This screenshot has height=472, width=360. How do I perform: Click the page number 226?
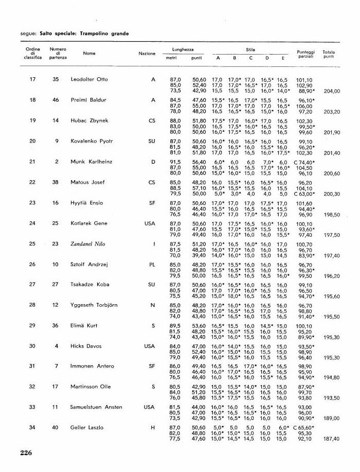[x=26, y=453]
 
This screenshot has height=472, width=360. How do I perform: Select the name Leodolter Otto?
[x=89, y=79]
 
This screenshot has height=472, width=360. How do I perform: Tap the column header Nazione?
[x=147, y=54]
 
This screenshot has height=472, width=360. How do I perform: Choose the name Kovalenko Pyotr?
[x=92, y=141]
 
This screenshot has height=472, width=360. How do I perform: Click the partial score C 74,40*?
[x=304, y=162]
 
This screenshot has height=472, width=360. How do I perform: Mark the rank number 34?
[x=32, y=427]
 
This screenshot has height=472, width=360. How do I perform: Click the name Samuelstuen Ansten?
[x=96, y=407]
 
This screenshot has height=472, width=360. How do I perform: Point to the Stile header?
[x=250, y=49]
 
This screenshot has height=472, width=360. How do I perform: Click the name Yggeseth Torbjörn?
[x=94, y=305]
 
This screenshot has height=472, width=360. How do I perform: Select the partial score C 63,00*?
[x=304, y=194]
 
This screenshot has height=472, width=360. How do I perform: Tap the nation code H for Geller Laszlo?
[x=153, y=427]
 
